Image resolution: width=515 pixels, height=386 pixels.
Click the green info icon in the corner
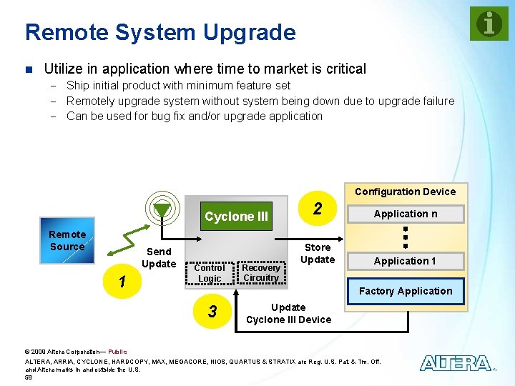tap(489, 24)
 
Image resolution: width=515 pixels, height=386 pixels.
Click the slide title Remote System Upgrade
tap(160, 32)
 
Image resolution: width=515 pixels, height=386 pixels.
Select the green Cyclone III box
tap(236, 217)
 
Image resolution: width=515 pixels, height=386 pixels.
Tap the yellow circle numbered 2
tap(316, 209)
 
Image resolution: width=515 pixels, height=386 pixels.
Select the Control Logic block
tap(209, 273)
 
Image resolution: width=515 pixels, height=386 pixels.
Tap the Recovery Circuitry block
tap(260, 273)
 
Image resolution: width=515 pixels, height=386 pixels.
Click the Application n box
tap(406, 214)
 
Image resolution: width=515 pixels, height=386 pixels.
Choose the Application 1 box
tap(406, 261)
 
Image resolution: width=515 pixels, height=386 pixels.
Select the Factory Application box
tap(406, 291)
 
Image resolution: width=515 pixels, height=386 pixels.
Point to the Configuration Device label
tap(405, 192)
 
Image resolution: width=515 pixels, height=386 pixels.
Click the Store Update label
tap(318, 254)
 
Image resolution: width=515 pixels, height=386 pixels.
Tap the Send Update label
tap(159, 257)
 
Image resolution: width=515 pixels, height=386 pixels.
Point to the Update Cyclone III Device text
tap(288, 313)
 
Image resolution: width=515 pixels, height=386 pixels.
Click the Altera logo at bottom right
tap(456, 363)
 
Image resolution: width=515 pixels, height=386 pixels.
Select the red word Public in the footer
tap(117, 352)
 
